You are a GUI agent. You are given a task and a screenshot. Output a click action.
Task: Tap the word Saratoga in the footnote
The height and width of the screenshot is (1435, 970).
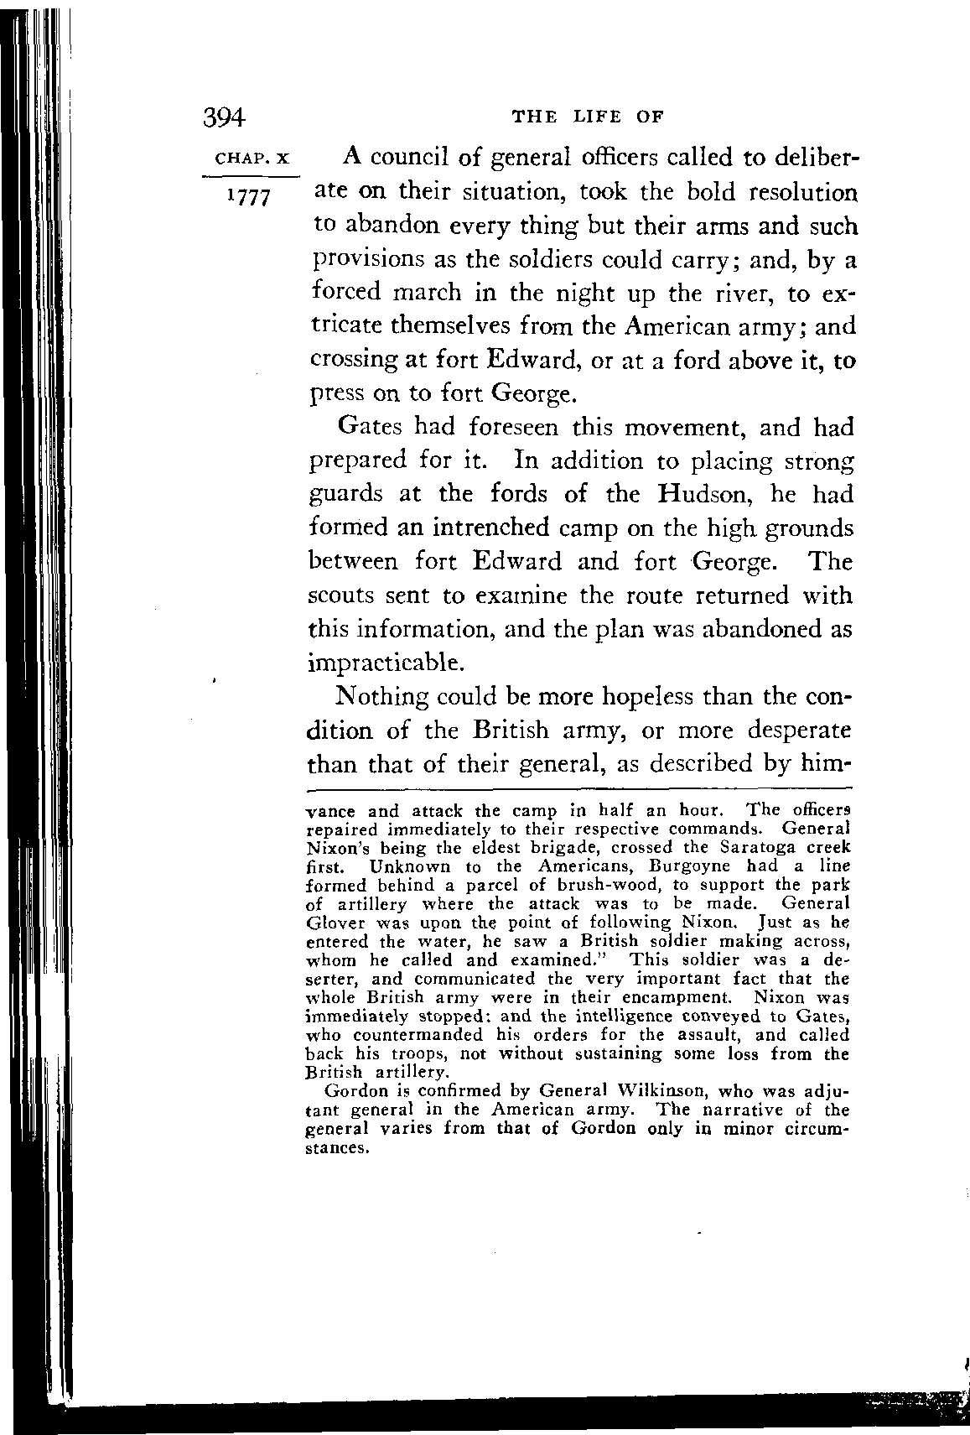tap(747, 847)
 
